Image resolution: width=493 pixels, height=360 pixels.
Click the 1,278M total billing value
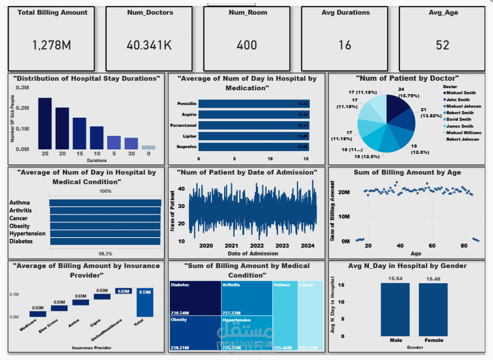click(51, 45)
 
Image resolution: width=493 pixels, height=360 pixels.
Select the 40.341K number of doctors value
click(149, 45)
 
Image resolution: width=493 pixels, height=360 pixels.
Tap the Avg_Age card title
click(442, 13)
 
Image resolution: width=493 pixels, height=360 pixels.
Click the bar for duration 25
click(45, 123)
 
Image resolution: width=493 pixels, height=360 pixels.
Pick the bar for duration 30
click(131, 143)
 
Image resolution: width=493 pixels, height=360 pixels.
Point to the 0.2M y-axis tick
click(22, 108)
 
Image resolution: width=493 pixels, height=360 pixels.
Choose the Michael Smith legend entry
click(460, 93)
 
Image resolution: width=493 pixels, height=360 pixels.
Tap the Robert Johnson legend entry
click(462, 139)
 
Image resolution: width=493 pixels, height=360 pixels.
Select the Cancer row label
click(19, 218)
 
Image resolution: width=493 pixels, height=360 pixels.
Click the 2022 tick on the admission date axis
click(257, 246)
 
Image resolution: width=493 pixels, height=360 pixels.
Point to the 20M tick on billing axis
click(344, 192)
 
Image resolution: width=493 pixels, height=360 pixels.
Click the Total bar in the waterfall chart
click(145, 302)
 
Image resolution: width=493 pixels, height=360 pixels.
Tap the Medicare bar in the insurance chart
click(38, 314)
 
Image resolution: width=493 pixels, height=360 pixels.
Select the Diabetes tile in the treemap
click(195, 298)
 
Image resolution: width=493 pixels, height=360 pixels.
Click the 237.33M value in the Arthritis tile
click(231, 313)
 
